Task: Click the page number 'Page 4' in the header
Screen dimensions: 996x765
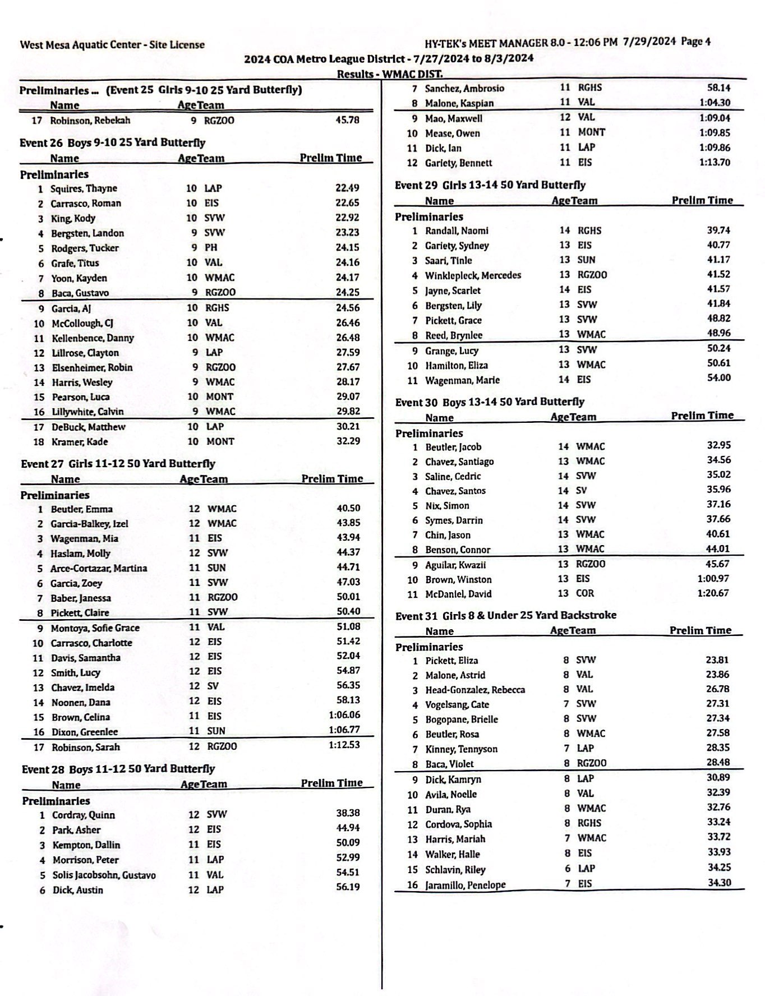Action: tap(695, 41)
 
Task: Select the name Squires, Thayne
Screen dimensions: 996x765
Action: tap(84, 188)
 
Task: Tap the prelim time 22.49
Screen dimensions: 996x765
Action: tap(347, 188)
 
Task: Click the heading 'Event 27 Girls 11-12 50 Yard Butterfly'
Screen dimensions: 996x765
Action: tap(118, 464)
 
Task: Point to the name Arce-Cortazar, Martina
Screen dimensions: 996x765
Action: tap(99, 568)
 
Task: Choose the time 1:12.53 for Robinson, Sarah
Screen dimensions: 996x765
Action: tap(344, 745)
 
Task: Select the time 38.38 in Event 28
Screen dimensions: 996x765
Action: tap(348, 813)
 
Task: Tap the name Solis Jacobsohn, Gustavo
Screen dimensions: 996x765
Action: tap(104, 875)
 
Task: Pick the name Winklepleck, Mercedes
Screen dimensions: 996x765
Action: tap(473, 275)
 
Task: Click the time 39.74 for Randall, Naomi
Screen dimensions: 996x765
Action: tap(718, 230)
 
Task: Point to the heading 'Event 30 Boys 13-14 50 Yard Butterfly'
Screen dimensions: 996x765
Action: tap(490, 402)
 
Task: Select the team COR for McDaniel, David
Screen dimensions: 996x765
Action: tap(584, 593)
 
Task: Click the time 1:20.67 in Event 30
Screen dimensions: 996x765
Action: tap(713, 593)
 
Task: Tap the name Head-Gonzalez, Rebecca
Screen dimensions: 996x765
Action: tap(475, 690)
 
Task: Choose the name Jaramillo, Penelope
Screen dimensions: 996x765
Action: tap(465, 885)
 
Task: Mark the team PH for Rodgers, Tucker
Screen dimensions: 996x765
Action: tap(211, 247)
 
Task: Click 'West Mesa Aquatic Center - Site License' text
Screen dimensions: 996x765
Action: tap(112, 45)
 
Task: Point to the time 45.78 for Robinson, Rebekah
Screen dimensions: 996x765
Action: tap(347, 120)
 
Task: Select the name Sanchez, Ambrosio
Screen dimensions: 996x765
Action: tap(464, 88)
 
